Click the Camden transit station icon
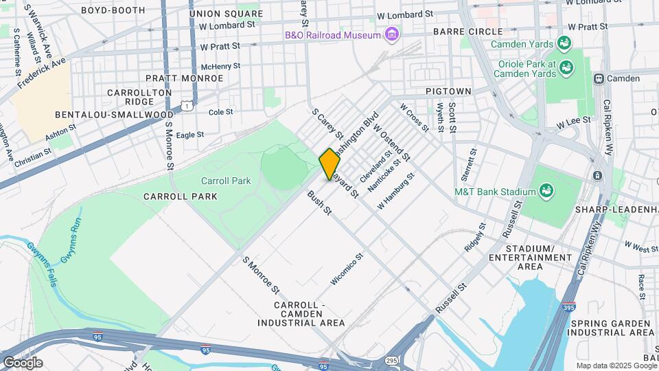599,78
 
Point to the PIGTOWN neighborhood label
448,91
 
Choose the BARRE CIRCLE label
459,32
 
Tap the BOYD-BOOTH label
113,10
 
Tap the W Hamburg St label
396,192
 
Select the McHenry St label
220,67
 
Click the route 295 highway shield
392,360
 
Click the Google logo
23,362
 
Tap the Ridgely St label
474,236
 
